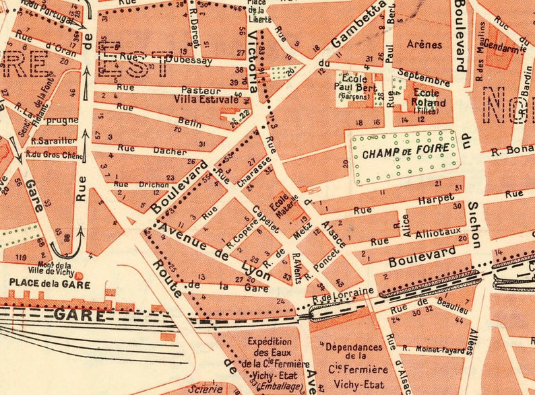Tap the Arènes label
coord(424,45)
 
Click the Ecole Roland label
coord(429,99)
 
